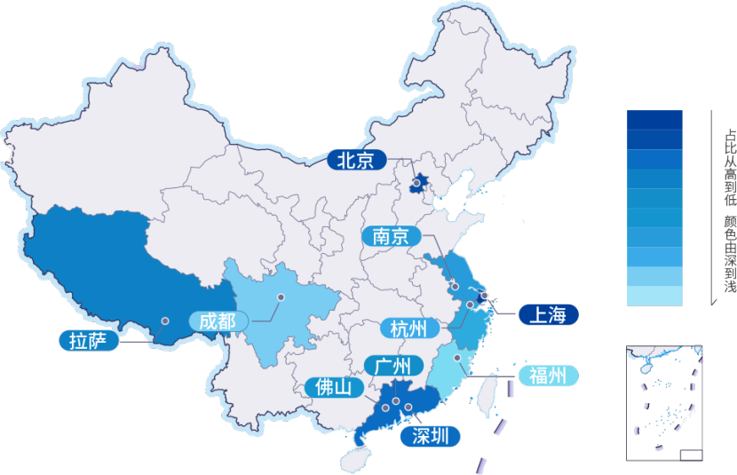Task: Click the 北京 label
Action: pyautogui.click(x=357, y=161)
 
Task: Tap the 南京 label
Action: pyautogui.click(x=391, y=236)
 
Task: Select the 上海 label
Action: pyautogui.click(x=548, y=314)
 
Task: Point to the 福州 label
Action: pyautogui.click(x=547, y=376)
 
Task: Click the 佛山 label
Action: pyautogui.click(x=334, y=387)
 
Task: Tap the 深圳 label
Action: pyautogui.click(x=431, y=436)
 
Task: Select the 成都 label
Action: pyautogui.click(x=218, y=321)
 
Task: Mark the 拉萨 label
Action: pyautogui.click(x=88, y=341)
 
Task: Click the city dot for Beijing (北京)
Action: pyautogui.click(x=416, y=183)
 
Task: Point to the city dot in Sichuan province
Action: pyautogui.click(x=281, y=297)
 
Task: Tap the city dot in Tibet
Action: pyautogui.click(x=164, y=321)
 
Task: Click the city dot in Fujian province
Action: pyautogui.click(x=458, y=358)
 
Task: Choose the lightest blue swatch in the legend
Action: pyautogui.click(x=654, y=296)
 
